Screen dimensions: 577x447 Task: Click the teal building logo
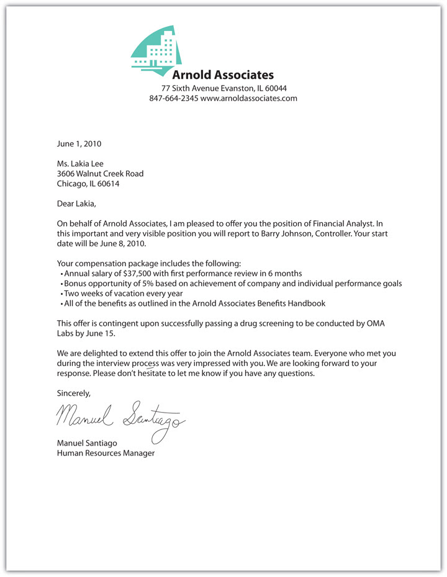click(156, 50)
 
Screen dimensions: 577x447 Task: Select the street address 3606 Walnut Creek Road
click(100, 174)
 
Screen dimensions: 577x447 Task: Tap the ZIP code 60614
click(108, 184)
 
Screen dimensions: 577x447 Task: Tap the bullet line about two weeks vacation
click(122, 293)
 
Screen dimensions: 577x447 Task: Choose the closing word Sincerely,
click(74, 393)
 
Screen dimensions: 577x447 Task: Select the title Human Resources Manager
click(106, 454)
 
